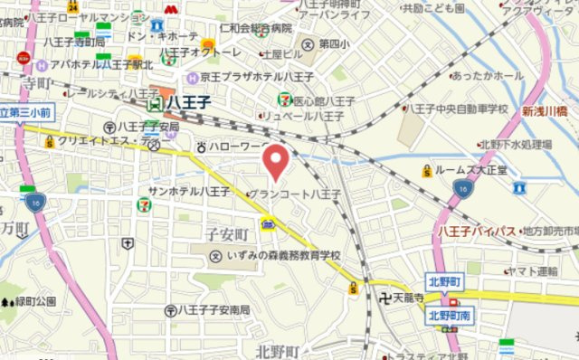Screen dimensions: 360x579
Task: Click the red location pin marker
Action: [276, 162]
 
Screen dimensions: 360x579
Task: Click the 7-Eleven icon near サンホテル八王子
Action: [145, 204]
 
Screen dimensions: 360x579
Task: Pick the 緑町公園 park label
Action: [34, 300]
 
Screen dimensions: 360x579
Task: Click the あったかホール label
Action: [485, 76]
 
